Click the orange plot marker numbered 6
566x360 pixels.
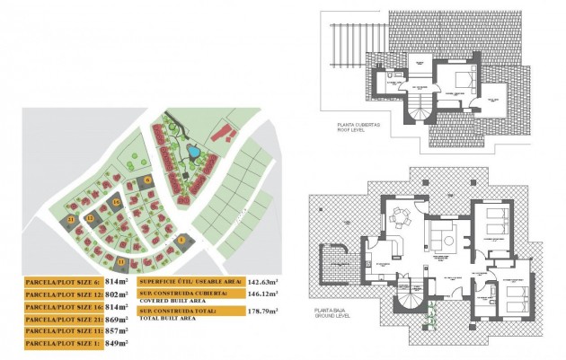pyautogui.click(x=149, y=180)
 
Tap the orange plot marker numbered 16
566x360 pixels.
pyautogui.click(x=116, y=204)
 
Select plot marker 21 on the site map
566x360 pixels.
pyautogui.click(x=71, y=219)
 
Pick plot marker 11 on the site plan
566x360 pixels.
pyautogui.click(x=121, y=261)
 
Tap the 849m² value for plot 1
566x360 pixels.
pyautogui.click(x=117, y=344)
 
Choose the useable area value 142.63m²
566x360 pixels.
pyautogui.click(x=262, y=281)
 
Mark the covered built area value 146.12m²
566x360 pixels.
pyautogui.click(x=262, y=294)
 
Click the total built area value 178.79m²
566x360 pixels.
pyautogui.click(x=262, y=311)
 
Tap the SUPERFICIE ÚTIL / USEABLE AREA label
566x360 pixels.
pyautogui.click(x=190, y=281)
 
